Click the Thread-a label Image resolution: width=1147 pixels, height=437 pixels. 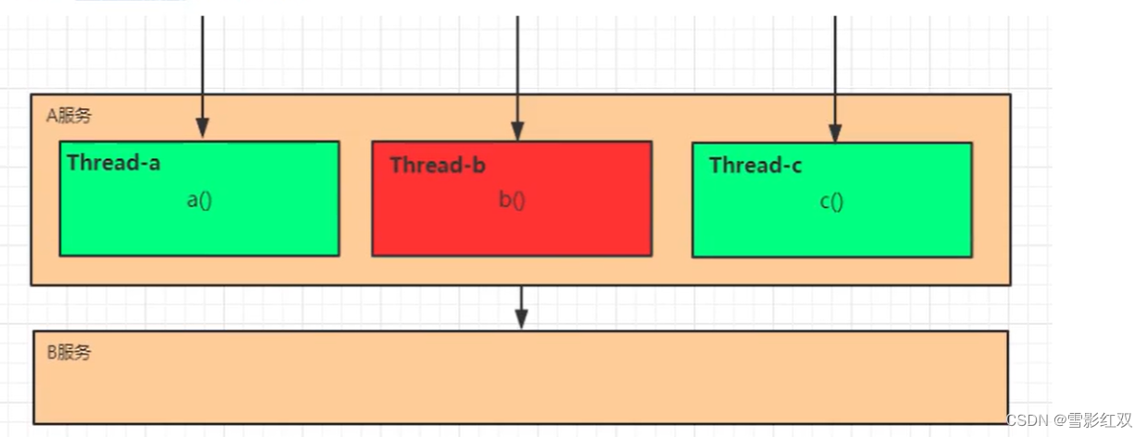point(114,163)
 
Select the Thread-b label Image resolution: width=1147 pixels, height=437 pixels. point(438,166)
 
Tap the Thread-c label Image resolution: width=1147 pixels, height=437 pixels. point(755,166)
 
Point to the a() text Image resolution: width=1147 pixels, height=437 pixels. point(200,199)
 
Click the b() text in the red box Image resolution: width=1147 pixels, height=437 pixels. point(512,200)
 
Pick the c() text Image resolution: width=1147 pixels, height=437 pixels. point(831,201)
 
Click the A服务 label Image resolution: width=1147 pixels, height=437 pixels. point(69,116)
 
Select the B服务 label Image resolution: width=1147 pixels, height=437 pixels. point(69,353)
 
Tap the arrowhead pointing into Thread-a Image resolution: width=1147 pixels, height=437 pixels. point(203,129)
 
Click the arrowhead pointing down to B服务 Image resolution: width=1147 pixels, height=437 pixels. point(521,319)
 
